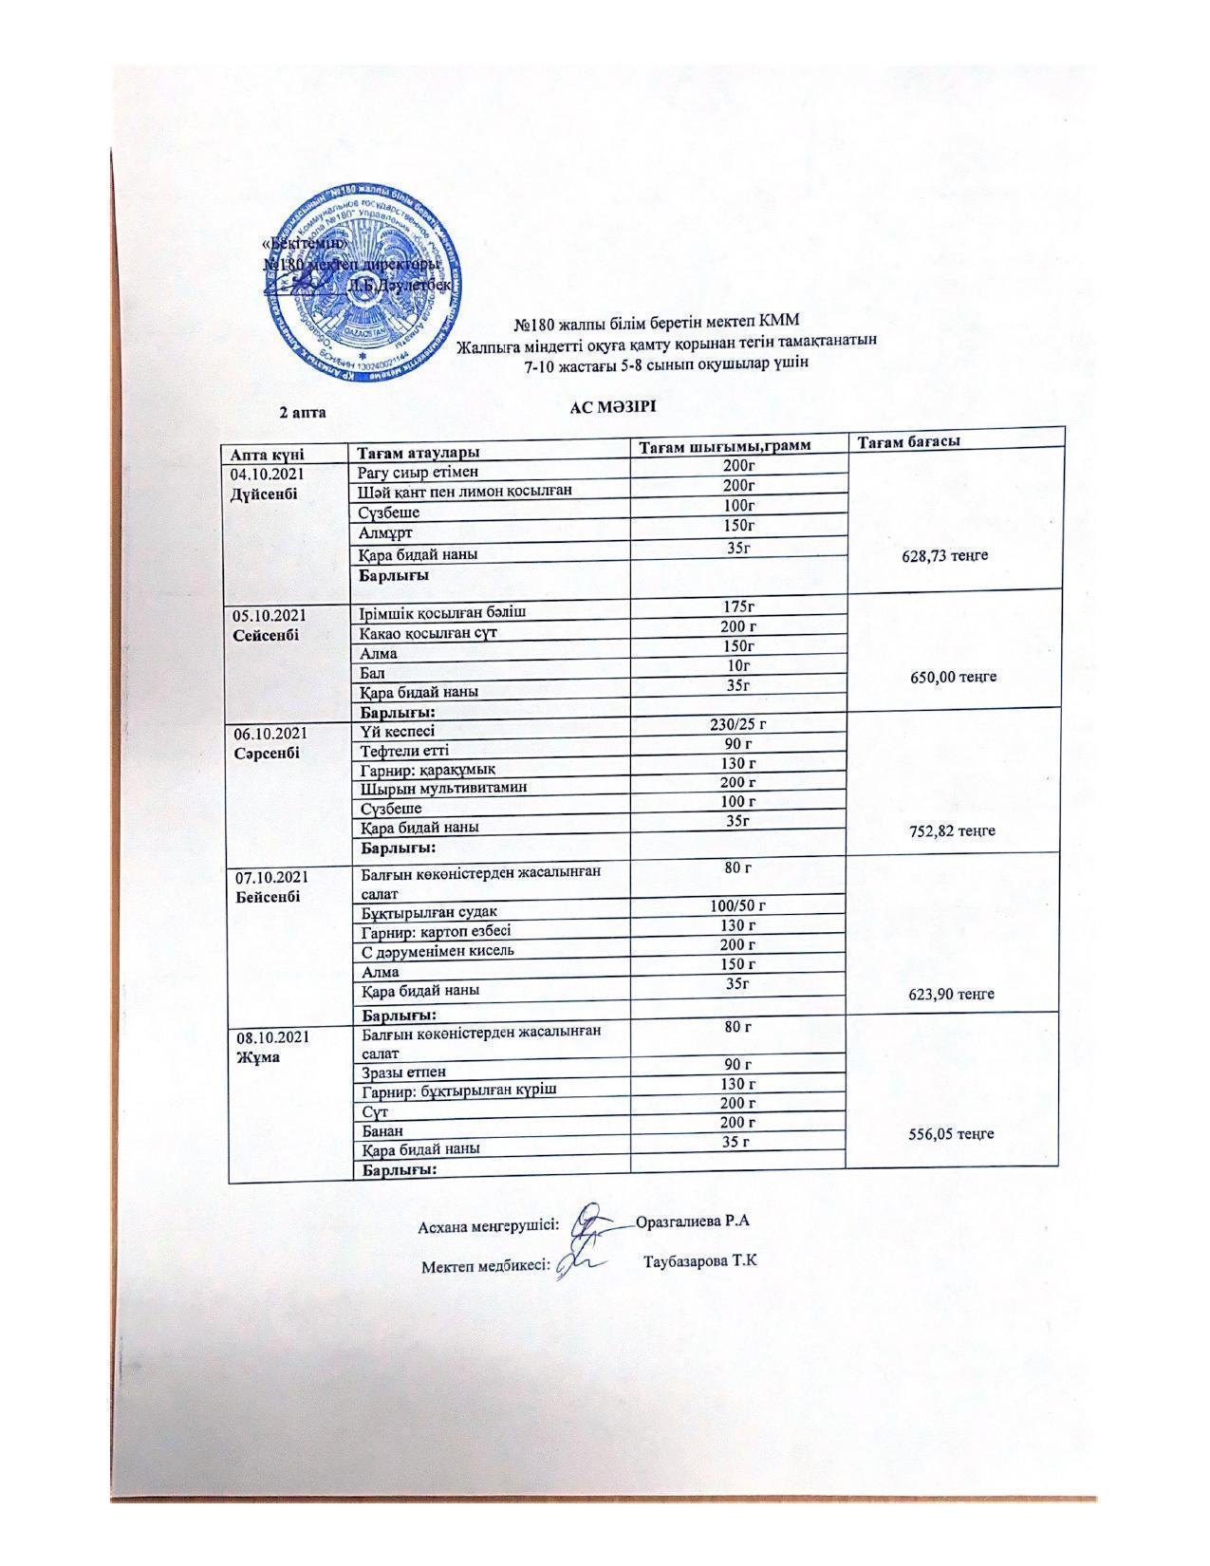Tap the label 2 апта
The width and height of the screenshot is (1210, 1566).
click(x=302, y=412)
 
